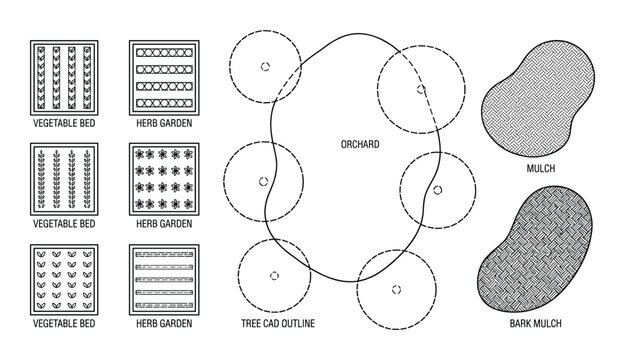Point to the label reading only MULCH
pos(539,170)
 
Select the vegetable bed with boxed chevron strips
pos(65,77)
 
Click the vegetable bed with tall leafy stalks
pos(65,178)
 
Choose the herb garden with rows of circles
pos(164,77)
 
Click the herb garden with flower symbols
pos(164,178)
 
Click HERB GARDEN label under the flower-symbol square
pos(164,224)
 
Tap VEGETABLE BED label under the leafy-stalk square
pos(65,224)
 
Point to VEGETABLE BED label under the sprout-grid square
pos(65,325)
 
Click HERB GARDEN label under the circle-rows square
pos(164,124)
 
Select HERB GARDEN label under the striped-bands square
pos(164,325)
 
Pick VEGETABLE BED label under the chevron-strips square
pos(65,124)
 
